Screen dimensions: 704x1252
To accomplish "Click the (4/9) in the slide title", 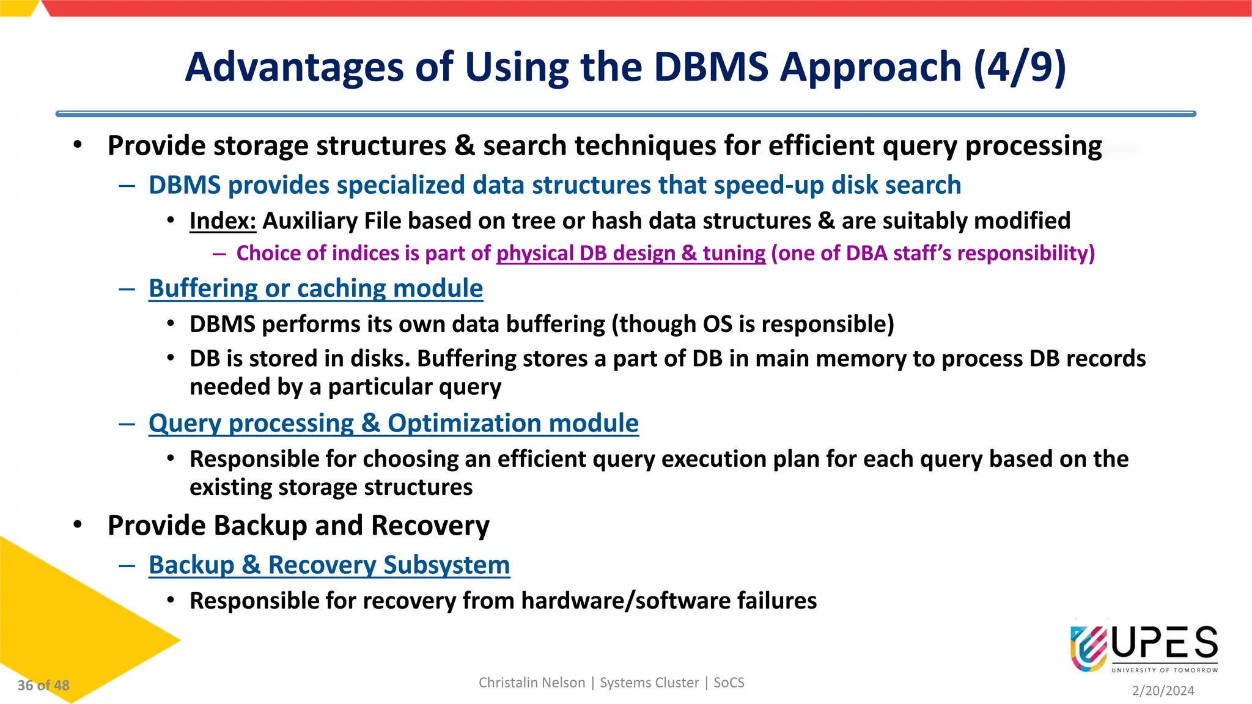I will (x=1019, y=67).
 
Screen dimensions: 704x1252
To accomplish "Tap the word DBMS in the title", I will (x=710, y=67).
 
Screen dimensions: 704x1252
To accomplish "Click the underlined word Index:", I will (x=223, y=221).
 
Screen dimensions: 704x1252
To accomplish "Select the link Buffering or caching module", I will (x=315, y=288).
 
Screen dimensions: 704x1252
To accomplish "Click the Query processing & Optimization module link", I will (x=393, y=424).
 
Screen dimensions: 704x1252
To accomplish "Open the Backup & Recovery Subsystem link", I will (x=329, y=565).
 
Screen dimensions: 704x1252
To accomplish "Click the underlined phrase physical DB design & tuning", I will (x=630, y=254).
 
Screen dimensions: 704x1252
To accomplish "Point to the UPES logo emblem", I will (x=1088, y=648).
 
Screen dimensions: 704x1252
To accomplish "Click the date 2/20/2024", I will (x=1163, y=691).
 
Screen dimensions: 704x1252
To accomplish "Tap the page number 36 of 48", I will (x=43, y=686).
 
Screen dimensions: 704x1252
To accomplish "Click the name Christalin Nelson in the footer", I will (x=531, y=683).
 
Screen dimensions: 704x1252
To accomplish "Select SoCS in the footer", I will (x=729, y=683).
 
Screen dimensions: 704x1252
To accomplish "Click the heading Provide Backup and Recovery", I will (x=298, y=526).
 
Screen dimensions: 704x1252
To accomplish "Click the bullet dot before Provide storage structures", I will (x=77, y=145).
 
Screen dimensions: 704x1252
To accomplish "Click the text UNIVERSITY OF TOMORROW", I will (x=1164, y=670).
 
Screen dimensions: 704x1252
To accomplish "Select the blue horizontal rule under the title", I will (x=625, y=114).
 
